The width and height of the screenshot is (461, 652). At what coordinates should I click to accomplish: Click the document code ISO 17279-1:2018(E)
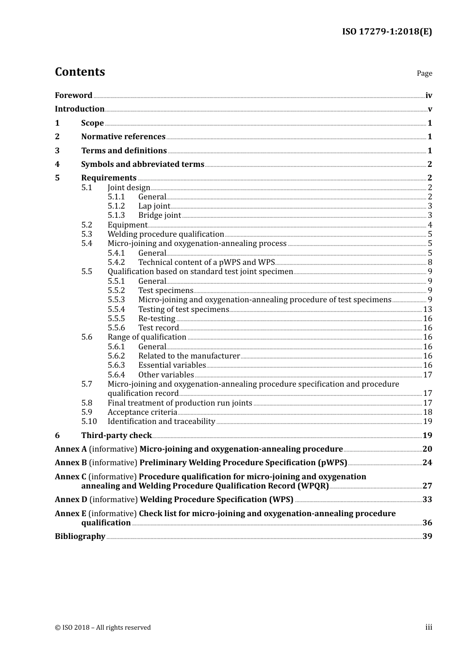pos(387,32)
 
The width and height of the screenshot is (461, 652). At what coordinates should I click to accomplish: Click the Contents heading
pos(80,72)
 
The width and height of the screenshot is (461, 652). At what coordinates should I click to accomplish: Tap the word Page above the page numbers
pos(424,73)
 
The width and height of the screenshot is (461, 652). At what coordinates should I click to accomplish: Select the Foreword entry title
pos(73,96)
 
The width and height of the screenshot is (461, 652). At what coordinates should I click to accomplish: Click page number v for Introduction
pos(429,109)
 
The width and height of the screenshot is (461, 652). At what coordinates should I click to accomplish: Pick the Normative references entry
pos(123,137)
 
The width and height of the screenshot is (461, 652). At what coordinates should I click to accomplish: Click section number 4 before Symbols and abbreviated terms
pos(57,164)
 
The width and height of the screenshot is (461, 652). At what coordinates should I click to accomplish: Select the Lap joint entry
pos(154,206)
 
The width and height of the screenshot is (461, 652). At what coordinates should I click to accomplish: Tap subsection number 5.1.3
pos(116,215)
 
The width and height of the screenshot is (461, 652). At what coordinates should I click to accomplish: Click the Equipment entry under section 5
pos(127,225)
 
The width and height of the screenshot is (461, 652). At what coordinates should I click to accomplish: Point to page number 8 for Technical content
pos(429,262)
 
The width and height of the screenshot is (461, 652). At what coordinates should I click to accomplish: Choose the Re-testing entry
pos(157,319)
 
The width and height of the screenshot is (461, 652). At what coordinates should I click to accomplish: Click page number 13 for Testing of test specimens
pos(428,310)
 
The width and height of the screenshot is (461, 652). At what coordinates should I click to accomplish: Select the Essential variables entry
pos(172,365)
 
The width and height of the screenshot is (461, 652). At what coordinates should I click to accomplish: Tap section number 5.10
pos(89,422)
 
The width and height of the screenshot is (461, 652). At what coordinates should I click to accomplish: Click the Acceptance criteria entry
pos(142,412)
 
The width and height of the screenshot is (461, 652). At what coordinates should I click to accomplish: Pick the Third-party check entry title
pos(116,436)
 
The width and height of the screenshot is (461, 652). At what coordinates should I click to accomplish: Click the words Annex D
pos(71,500)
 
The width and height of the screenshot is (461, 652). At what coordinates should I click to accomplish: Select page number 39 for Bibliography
pos(427,537)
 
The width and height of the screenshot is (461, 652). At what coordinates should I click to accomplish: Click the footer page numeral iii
pos(428,627)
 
